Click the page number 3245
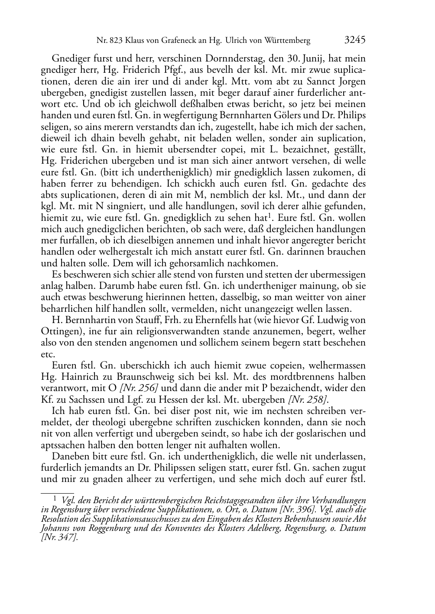(x=355, y=40)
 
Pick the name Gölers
(x=284, y=115)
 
